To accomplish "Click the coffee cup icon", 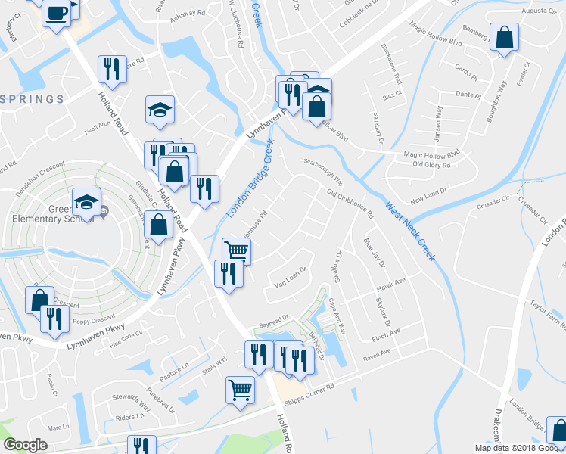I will click(x=57, y=13).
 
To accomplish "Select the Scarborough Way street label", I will click(x=323, y=173).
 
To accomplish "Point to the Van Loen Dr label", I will click(x=289, y=277).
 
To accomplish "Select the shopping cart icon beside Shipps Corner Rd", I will click(x=240, y=390).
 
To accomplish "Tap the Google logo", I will click(x=25, y=445).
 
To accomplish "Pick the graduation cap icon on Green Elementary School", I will click(x=86, y=202).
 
